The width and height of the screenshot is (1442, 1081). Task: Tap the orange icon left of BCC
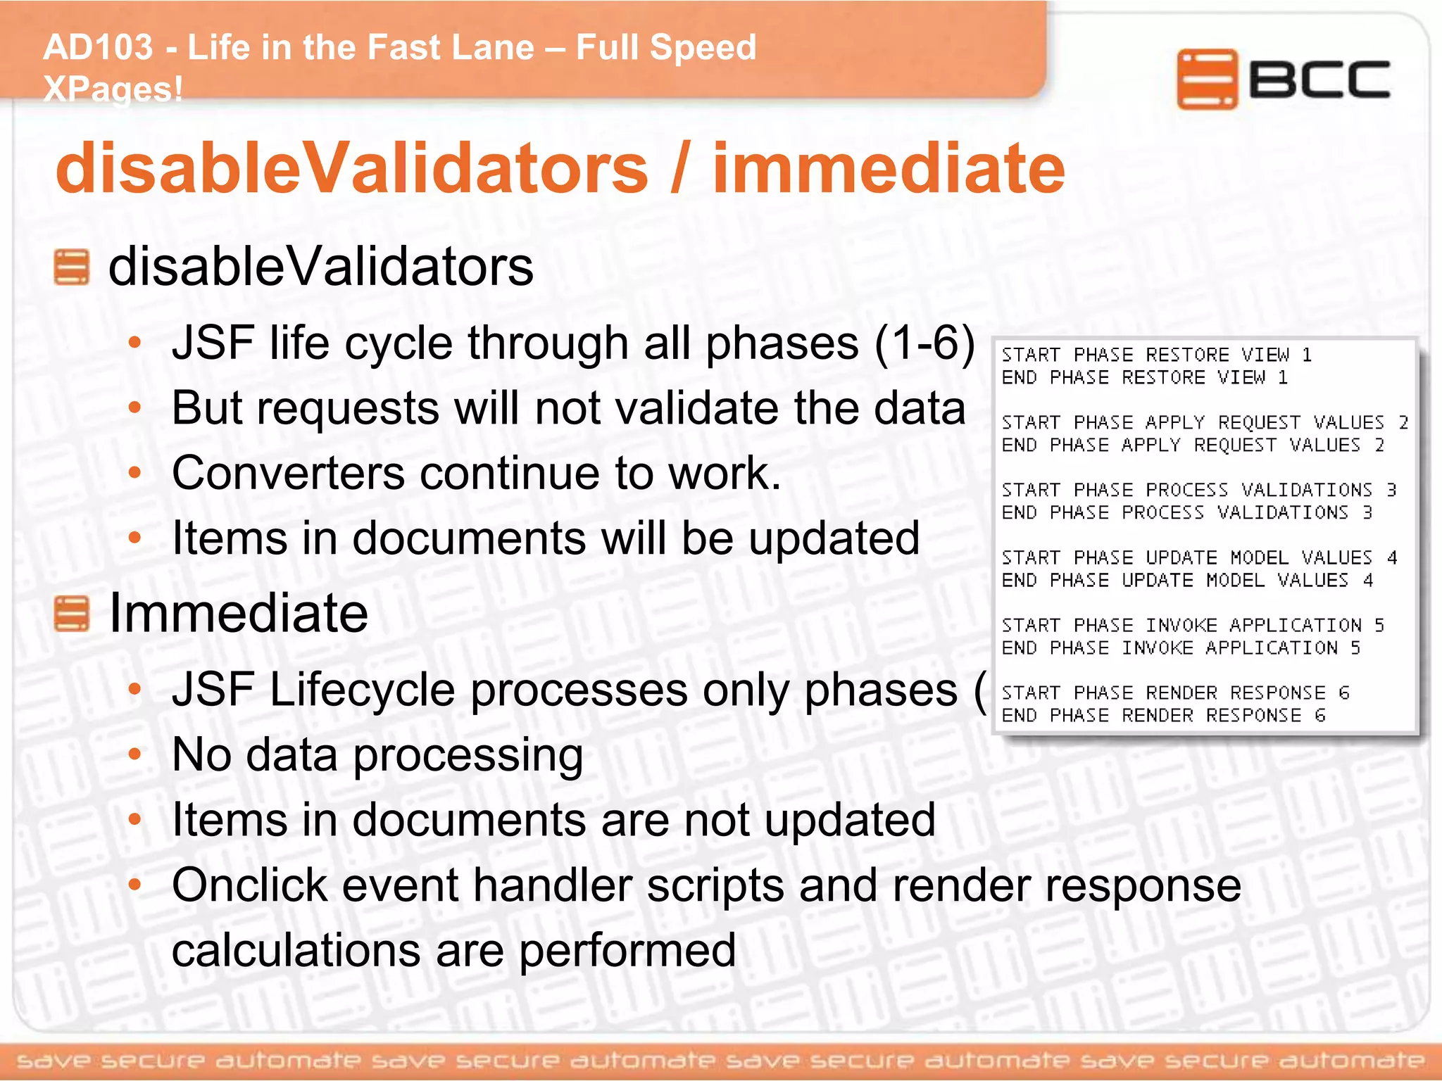(x=1207, y=79)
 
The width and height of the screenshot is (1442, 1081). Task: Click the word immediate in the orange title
(x=889, y=169)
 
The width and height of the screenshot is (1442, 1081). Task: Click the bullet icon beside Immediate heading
(x=72, y=614)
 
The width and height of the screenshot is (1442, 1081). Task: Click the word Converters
(x=288, y=473)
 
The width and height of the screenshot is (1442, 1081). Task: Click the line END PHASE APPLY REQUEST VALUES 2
(x=1193, y=445)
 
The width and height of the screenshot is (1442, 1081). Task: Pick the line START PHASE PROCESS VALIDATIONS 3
(x=1198, y=490)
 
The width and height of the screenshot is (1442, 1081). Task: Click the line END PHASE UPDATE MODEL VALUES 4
(x=1187, y=580)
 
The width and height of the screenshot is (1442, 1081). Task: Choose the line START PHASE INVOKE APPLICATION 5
(x=1193, y=625)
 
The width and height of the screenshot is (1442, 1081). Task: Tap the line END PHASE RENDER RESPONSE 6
(x=1163, y=715)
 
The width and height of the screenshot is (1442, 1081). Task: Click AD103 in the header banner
(x=98, y=48)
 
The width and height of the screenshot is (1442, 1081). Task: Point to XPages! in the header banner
(x=113, y=89)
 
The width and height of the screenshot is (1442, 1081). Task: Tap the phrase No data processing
(x=377, y=755)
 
